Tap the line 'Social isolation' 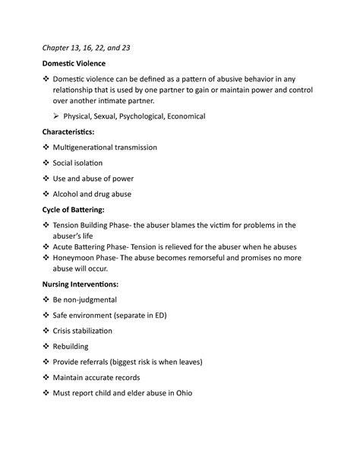pyautogui.click(x=78, y=163)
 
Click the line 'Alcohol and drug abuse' pyautogui.click(x=93, y=195)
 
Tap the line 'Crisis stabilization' pyautogui.click(x=82, y=331)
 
